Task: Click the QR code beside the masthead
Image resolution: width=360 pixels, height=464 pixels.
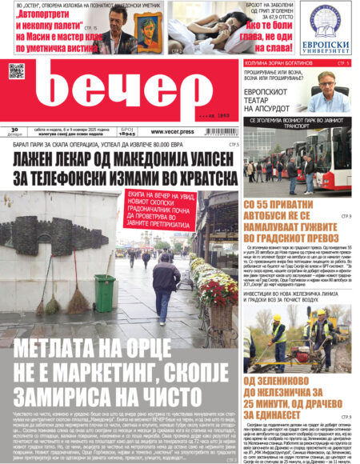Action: [17, 70]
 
